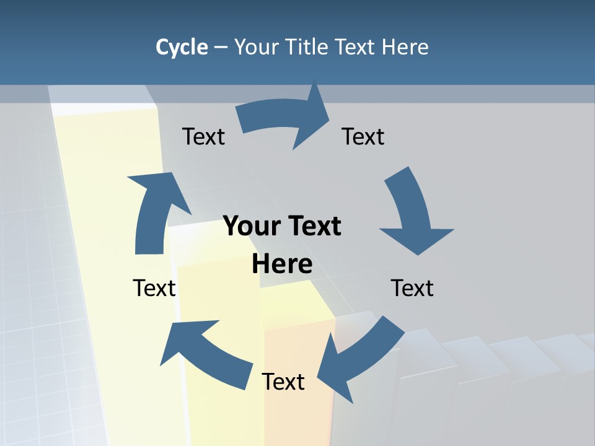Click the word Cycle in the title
click(182, 47)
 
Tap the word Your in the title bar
click(255, 47)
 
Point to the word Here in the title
click(405, 47)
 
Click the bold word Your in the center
click(251, 226)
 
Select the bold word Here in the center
click(282, 264)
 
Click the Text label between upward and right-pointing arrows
click(203, 136)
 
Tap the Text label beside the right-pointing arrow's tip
click(363, 136)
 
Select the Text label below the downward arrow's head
click(412, 288)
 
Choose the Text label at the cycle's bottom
click(283, 382)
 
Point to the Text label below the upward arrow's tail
click(154, 288)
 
